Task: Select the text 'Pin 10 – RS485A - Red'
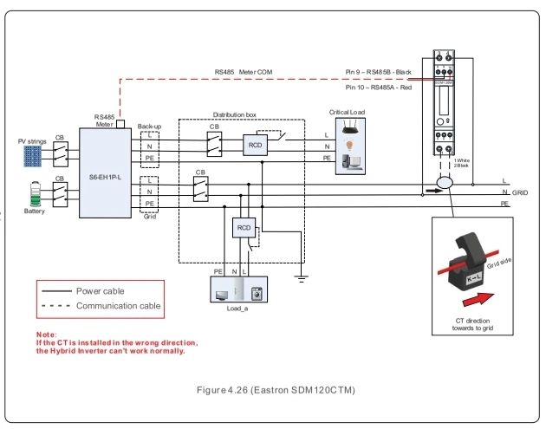(x=379, y=88)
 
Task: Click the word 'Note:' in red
(x=46, y=334)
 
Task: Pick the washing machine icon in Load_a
(x=257, y=292)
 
